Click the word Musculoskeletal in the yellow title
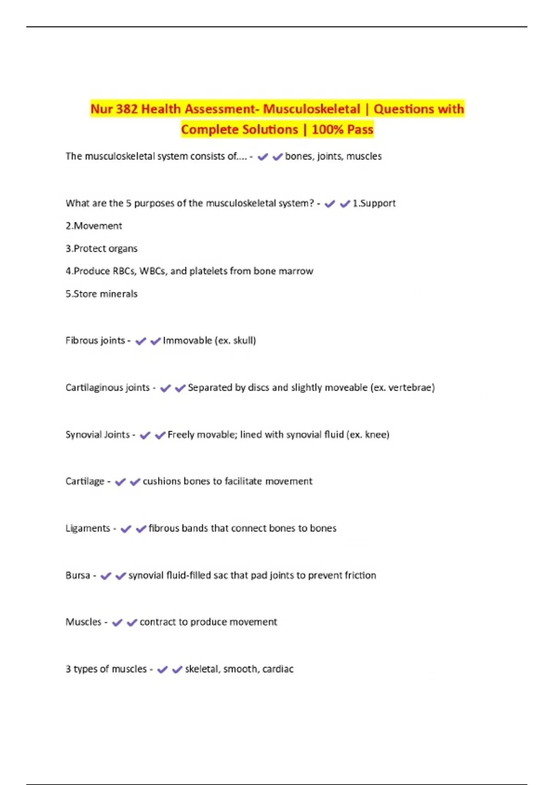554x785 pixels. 312,109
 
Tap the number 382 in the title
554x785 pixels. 126,109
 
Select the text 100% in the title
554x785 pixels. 327,129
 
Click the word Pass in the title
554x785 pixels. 360,129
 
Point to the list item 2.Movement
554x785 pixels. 94,226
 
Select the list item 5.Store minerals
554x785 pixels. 102,294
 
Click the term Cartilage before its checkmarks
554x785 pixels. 85,481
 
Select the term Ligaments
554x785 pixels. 88,528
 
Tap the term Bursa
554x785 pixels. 78,575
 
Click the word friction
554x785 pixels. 359,575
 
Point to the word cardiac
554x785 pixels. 278,669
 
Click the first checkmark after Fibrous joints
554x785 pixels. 140,341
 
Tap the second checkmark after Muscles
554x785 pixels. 132,623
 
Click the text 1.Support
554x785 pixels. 374,203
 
